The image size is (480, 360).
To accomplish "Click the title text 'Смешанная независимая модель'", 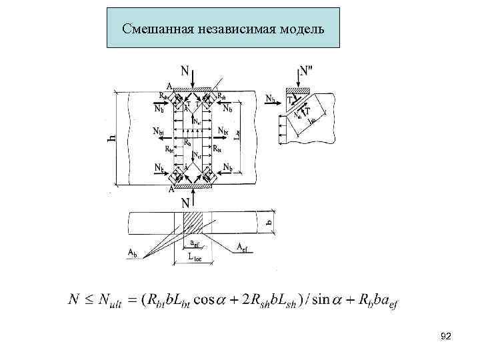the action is pyautogui.click(x=223, y=29).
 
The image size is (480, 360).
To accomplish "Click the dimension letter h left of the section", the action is pyautogui.click(x=111, y=139).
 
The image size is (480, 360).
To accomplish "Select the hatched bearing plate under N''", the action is pyautogui.click(x=299, y=89).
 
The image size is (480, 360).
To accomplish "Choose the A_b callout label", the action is pyautogui.click(x=135, y=252).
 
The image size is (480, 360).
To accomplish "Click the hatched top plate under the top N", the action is pyautogui.click(x=192, y=89).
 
